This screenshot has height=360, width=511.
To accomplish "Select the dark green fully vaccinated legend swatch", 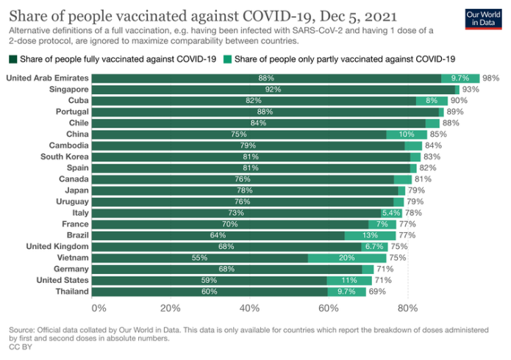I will tap(12, 59).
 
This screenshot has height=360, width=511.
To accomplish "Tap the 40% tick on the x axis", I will tap(249, 308).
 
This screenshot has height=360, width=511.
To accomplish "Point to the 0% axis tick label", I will tap(99, 308).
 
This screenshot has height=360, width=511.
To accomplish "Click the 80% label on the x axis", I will tap(407, 308).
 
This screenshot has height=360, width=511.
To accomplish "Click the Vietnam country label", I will tap(72, 258).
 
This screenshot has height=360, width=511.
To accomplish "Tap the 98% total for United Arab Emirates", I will tap(491, 78).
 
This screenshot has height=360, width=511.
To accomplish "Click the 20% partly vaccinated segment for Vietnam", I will tap(347, 258).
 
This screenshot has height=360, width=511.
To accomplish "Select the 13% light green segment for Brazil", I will tap(370, 235).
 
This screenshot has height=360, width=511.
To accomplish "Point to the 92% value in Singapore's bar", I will tap(274, 89).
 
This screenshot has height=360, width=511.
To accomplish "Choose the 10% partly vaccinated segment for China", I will tap(407, 134).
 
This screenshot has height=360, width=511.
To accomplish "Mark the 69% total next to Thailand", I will tap(377, 292).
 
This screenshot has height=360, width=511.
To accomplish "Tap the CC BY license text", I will tap(20, 348).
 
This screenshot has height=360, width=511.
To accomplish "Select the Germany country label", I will tap(71, 269).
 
